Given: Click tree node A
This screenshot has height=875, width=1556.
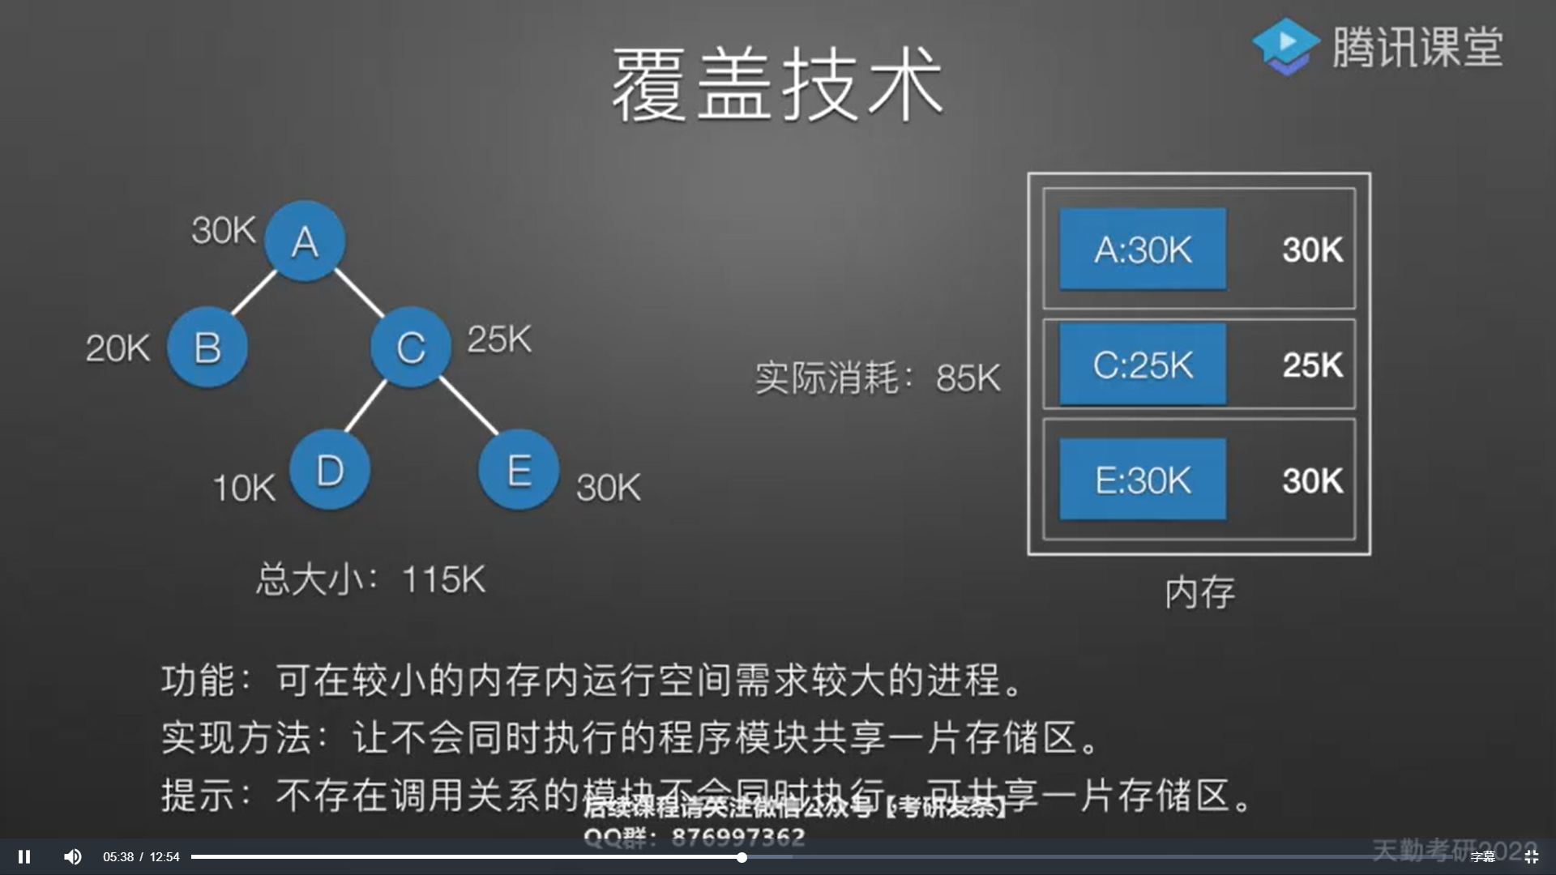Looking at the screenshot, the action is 305,241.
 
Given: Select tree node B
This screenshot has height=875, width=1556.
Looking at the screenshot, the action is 207,347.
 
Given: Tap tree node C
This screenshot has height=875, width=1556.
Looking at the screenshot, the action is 411,347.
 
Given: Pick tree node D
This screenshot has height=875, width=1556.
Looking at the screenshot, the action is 330,470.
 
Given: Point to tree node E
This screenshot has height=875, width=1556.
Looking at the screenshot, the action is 519,470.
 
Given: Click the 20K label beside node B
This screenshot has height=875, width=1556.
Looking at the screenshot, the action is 118,349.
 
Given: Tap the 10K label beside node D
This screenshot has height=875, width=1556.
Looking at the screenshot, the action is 244,489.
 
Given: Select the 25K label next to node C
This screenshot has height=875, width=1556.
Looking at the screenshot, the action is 499,339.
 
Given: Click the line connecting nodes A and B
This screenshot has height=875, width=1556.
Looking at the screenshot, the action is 254,293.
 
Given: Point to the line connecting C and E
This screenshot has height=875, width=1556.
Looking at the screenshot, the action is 468,405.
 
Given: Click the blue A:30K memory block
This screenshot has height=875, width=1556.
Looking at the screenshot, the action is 1143,249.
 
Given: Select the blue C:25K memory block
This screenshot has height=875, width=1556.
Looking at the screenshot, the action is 1143,364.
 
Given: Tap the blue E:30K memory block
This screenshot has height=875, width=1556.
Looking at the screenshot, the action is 1143,480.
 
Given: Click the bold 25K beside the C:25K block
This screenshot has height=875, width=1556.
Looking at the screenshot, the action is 1312,365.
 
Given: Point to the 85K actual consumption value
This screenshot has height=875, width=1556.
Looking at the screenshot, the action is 968,378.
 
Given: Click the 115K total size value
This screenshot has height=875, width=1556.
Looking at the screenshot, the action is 443,580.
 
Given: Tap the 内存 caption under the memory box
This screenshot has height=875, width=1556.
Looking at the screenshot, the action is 1199,593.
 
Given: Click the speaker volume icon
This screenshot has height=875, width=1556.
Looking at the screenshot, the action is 73,856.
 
